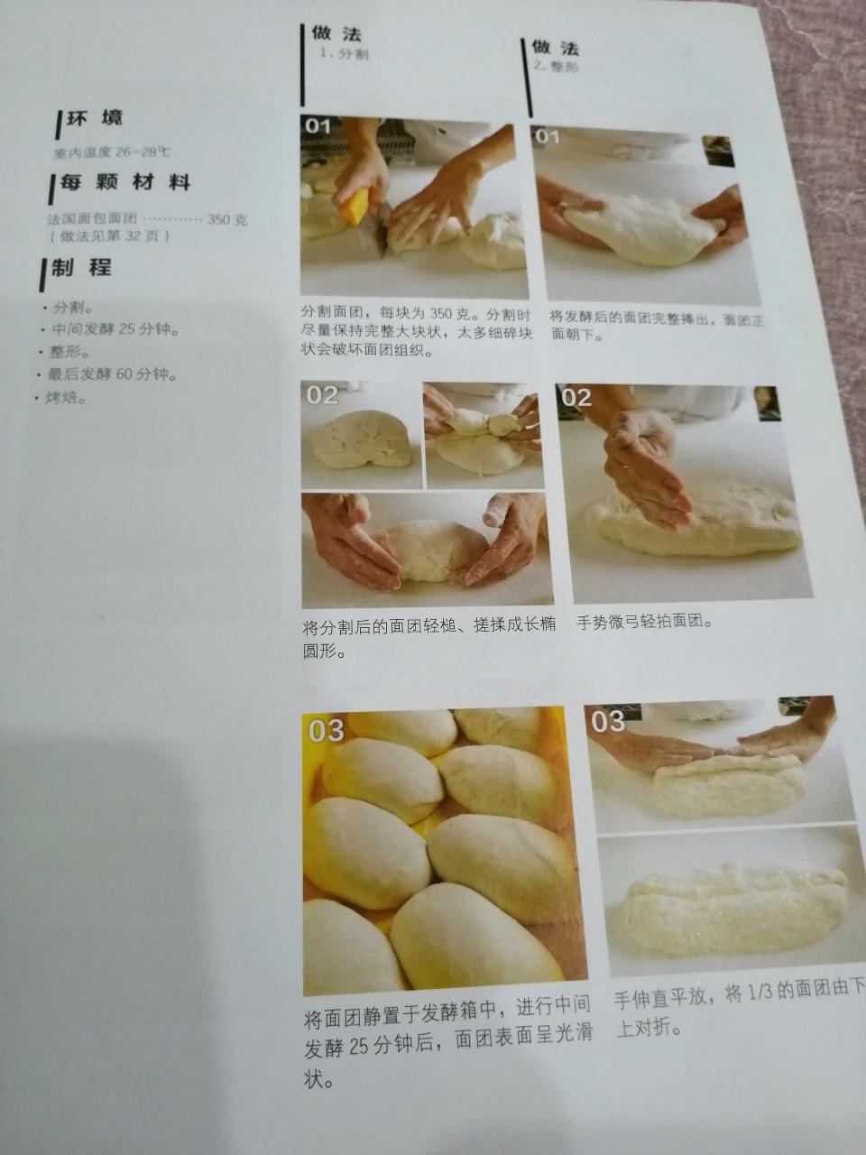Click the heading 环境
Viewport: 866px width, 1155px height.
pos(94,119)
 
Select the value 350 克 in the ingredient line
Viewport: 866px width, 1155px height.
pos(226,219)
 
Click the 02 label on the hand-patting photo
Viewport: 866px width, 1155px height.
pos(576,397)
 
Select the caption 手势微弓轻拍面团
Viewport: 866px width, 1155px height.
pos(645,622)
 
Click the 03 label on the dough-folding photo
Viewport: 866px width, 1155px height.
pos(608,720)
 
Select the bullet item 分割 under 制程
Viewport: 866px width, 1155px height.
pos(72,307)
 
